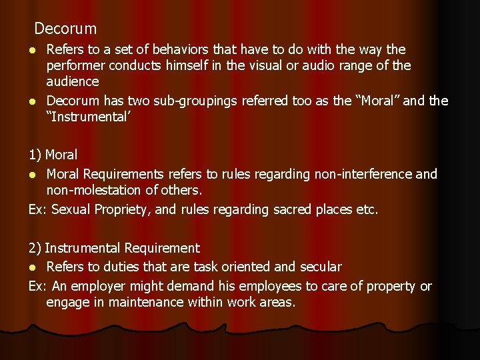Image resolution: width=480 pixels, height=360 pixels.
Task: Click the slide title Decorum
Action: (x=65, y=29)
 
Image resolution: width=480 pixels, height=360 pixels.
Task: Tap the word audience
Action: (x=73, y=82)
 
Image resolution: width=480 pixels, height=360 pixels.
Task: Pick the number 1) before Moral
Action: (x=35, y=155)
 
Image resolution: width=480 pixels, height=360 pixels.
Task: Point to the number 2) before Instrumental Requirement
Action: (x=35, y=248)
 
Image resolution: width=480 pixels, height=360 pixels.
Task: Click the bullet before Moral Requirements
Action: (x=33, y=175)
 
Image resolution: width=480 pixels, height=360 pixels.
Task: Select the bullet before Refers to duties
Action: (x=33, y=267)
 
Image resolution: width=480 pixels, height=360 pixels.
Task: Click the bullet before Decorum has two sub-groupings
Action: (x=33, y=101)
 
